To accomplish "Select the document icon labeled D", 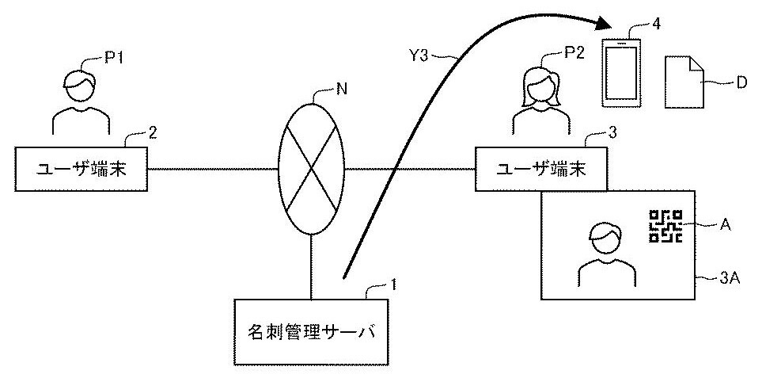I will pos(684,83).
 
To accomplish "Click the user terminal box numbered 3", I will pos(540,169).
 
